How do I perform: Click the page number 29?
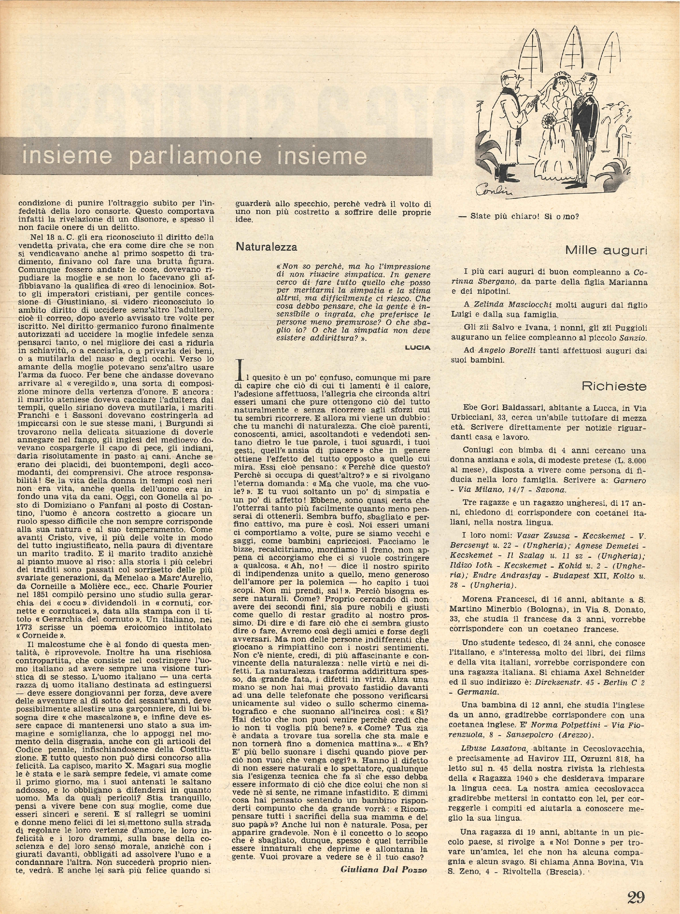[636, 894]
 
